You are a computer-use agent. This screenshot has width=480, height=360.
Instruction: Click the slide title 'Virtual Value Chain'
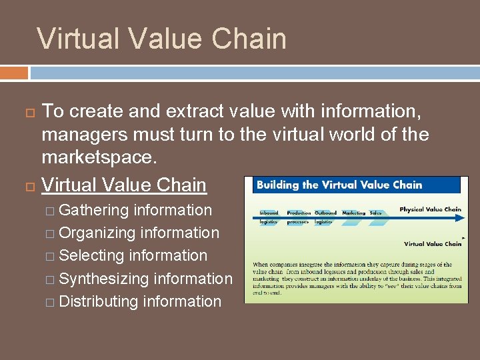click(x=161, y=38)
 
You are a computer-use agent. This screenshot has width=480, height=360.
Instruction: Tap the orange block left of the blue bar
click(x=14, y=72)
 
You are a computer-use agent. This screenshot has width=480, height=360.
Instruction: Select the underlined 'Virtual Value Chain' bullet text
click(x=124, y=184)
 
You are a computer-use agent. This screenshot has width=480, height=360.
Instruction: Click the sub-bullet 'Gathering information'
click(x=135, y=210)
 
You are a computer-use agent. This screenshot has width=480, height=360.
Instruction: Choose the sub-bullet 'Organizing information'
click(x=139, y=233)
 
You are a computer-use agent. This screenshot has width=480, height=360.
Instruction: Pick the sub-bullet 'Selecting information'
click(x=133, y=255)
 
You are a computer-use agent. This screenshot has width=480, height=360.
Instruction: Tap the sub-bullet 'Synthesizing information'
click(x=145, y=279)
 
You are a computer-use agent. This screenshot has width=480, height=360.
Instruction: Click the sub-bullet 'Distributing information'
click(x=140, y=301)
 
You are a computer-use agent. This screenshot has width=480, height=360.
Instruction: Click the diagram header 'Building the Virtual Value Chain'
click(x=339, y=185)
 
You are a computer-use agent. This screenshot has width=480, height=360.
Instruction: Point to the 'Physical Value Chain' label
click(x=430, y=209)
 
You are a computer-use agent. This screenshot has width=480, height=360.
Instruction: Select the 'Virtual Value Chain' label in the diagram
click(x=433, y=244)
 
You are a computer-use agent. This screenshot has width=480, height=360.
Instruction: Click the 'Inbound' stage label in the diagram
click(x=269, y=213)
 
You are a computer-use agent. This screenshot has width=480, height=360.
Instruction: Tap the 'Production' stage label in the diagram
click(x=299, y=213)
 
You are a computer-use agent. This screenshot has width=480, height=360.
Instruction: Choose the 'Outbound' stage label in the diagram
click(x=325, y=213)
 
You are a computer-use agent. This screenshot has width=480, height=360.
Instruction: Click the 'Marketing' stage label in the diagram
click(x=353, y=213)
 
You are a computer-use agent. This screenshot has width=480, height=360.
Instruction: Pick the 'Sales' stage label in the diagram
click(x=375, y=213)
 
